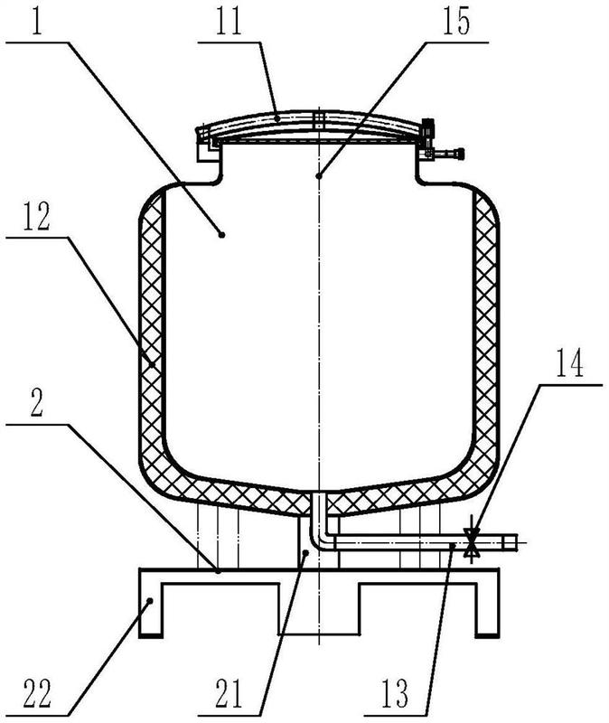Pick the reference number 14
pos(570,363)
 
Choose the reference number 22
pos(37,692)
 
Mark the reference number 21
pos(229,692)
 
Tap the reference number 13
pos(395,692)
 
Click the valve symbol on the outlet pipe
pos(471,543)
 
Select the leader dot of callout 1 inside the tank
pos(221,235)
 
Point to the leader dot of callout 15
pos(318,175)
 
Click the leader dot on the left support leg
pos(150,600)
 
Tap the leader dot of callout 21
pos(305,552)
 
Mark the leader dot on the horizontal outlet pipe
pos(454,546)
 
